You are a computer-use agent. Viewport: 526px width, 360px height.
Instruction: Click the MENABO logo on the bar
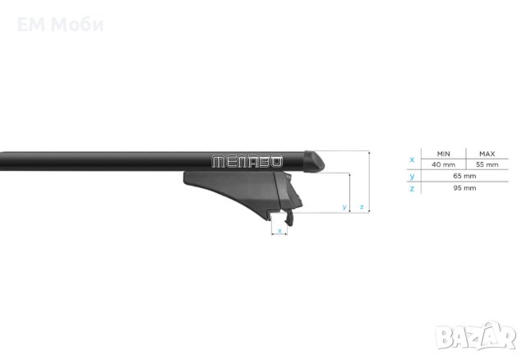247,162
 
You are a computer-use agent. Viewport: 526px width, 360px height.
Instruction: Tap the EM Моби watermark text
60,25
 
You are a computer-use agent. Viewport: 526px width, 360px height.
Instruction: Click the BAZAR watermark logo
475,335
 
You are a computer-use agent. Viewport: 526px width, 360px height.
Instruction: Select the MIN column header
443,154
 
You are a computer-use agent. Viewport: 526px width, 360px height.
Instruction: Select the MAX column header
487,154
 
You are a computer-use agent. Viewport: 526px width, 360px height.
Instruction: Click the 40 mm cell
443,164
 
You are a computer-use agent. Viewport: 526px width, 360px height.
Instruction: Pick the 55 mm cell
487,164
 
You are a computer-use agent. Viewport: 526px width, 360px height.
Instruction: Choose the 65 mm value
464,176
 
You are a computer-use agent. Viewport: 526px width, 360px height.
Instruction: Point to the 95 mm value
464,188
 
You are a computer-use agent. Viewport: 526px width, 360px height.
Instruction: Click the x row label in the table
412,159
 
